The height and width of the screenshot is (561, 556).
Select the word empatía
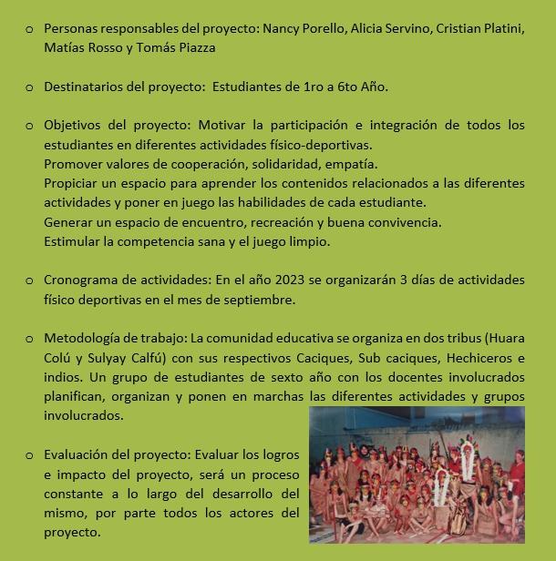click(323, 163)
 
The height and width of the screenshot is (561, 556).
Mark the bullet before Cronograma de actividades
click(29, 280)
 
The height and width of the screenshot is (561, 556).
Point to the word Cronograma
click(85, 279)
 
